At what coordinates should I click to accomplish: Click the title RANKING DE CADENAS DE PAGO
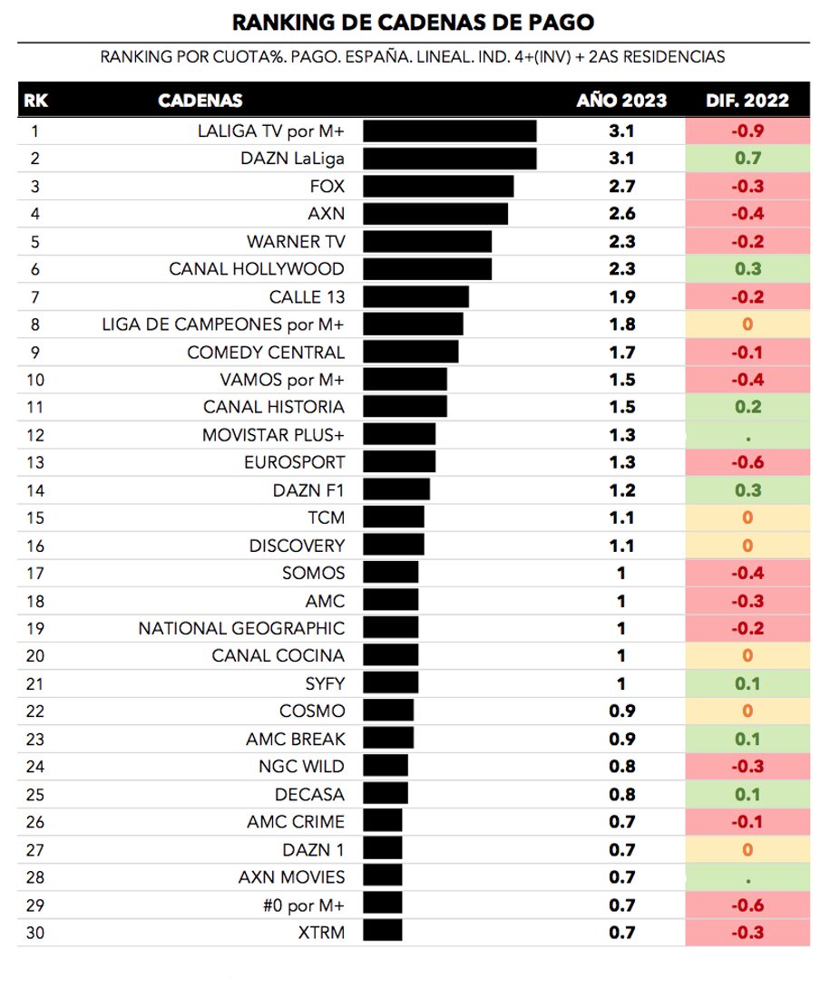414,22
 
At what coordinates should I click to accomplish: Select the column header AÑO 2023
621,101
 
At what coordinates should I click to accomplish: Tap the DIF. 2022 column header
747,101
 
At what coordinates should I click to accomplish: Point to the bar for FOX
438,187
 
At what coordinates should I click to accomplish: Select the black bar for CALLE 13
415,297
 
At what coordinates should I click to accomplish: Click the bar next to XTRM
382,933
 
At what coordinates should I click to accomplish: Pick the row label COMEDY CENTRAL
266,353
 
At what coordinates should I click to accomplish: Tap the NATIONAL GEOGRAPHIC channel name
241,628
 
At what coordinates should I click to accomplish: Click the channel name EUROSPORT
294,462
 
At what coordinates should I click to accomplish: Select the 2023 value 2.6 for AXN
621,214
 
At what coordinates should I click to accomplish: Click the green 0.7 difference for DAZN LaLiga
747,159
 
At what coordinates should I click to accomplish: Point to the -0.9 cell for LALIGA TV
747,131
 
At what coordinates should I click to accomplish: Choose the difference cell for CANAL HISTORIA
747,407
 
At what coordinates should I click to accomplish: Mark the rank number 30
36,933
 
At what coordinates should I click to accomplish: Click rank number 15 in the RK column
36,518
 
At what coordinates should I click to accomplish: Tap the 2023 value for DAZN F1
621,490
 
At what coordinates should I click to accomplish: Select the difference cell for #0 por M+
747,905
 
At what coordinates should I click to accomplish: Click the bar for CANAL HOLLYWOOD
427,269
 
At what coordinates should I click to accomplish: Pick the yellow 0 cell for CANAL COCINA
747,655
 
